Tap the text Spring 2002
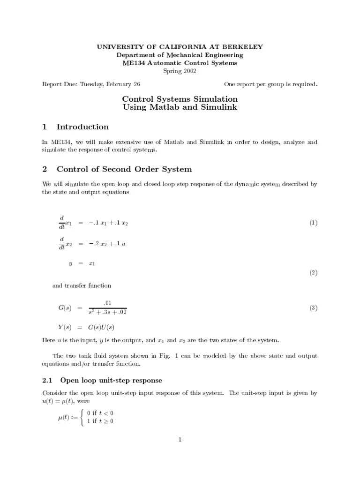point(180,71)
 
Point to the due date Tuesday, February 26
point(110,84)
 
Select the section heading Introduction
point(82,127)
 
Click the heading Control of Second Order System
point(124,169)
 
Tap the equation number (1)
point(313,223)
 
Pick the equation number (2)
point(313,272)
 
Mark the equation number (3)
point(313,308)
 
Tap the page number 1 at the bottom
point(180,439)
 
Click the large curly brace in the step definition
point(82,417)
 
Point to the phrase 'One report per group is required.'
point(270,84)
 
